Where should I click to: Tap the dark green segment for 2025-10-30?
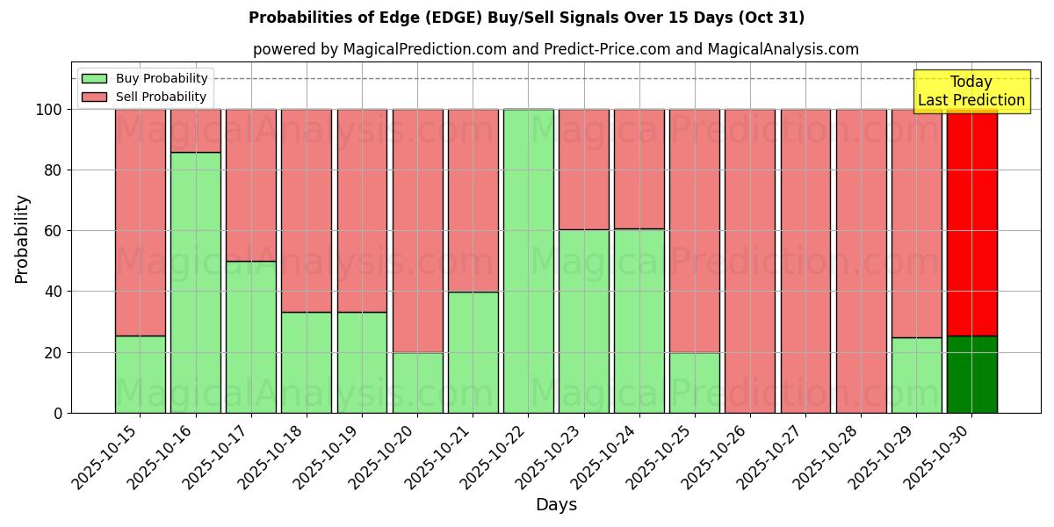[x=971, y=374]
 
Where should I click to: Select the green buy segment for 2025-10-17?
[x=250, y=337]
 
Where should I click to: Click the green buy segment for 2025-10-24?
[x=639, y=321]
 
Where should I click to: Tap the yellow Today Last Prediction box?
[x=971, y=91]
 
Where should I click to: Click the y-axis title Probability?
[x=22, y=238]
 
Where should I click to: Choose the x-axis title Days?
[x=556, y=505]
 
